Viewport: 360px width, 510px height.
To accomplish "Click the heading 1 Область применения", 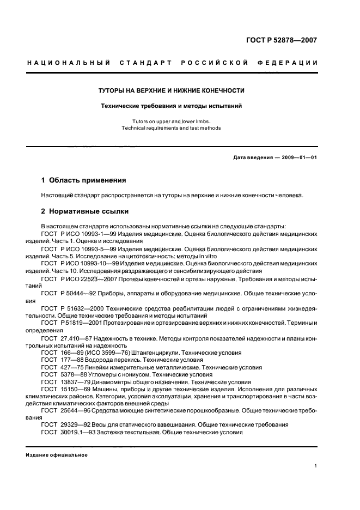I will [84, 180].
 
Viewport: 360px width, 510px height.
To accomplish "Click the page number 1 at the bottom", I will [316, 466].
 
